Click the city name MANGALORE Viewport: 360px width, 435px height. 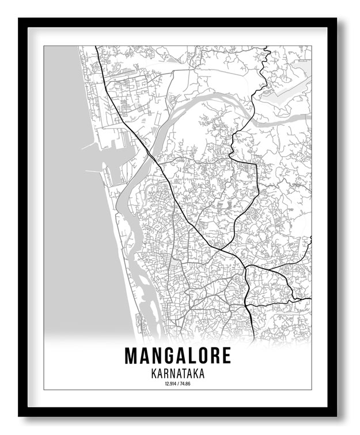coord(177,356)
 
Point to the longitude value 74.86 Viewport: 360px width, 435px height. coord(185,384)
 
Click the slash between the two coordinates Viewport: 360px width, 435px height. coord(177,384)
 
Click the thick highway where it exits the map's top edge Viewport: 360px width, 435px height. coord(96,47)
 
